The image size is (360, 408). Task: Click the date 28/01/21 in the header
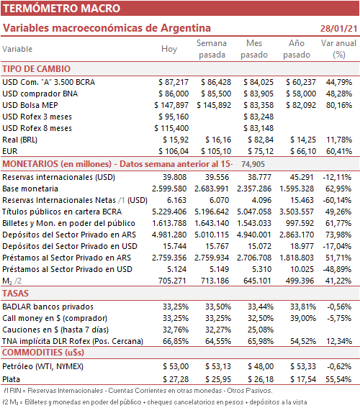(x=338, y=28)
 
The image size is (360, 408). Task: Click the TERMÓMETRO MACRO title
(x=61, y=9)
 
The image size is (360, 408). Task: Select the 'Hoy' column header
(x=169, y=49)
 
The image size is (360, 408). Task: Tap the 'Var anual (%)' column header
(x=338, y=49)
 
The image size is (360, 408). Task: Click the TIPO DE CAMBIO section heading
(x=37, y=69)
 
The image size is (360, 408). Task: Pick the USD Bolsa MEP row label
(x=30, y=105)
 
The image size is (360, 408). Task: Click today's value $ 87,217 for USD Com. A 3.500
(x=174, y=82)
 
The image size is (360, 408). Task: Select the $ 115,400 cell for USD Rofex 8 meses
(x=171, y=128)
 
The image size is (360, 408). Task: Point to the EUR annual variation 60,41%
(x=339, y=151)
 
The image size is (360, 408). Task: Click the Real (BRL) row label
(x=19, y=140)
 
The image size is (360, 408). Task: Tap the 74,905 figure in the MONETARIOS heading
(x=253, y=164)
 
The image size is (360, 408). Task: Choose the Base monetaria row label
(x=30, y=189)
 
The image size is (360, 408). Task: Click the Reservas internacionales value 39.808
(x=175, y=177)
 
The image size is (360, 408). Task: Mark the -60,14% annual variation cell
(x=337, y=200)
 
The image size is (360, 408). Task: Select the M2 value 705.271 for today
(x=172, y=281)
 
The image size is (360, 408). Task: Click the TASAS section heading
(x=15, y=294)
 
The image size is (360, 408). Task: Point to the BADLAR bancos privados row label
(x=48, y=307)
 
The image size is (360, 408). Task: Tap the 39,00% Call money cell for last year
(x=303, y=318)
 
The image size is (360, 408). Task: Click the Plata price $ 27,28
(x=176, y=379)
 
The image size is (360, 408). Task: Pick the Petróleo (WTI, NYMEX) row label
(x=43, y=366)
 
